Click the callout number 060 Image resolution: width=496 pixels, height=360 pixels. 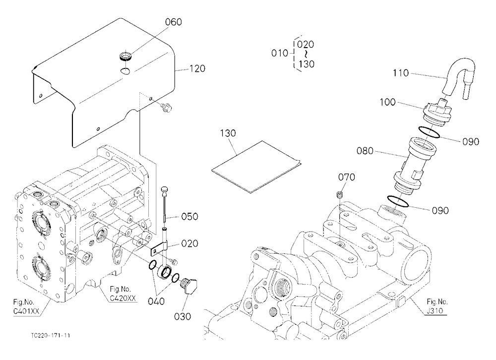click(x=174, y=22)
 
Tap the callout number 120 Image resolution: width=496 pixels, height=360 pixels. click(x=197, y=68)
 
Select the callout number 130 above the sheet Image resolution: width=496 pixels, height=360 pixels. click(x=228, y=133)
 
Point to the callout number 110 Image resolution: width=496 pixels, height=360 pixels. click(x=401, y=73)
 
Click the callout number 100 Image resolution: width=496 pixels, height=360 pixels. click(x=387, y=102)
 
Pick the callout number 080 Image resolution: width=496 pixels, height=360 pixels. click(x=365, y=151)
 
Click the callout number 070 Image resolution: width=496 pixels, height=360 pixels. click(x=347, y=177)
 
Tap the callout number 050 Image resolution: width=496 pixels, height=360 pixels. click(x=189, y=217)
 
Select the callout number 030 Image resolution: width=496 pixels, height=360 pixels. click(x=183, y=316)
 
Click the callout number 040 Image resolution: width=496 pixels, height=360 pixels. click(x=156, y=301)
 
